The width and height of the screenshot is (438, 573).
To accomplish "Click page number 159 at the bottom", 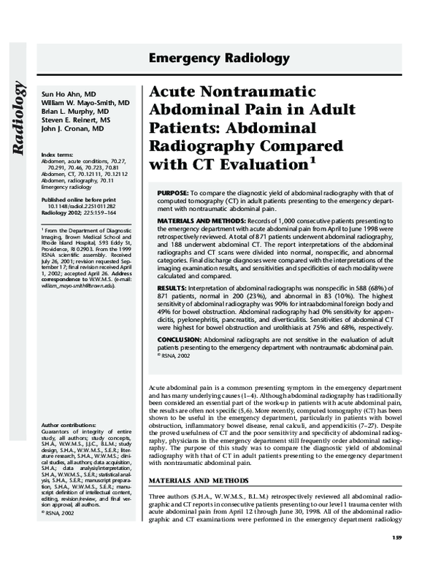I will (x=396, y=558).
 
